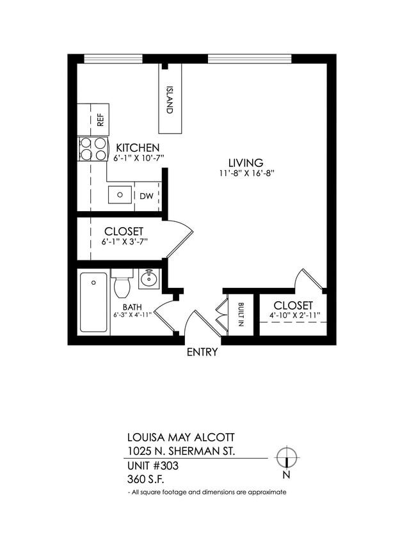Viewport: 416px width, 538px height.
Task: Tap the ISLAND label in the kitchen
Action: tap(170, 100)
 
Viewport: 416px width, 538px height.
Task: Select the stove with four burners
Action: tap(93, 149)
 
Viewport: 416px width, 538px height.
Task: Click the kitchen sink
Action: tap(120, 194)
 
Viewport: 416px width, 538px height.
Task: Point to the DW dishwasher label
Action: tap(147, 196)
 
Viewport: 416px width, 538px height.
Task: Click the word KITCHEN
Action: tap(138, 148)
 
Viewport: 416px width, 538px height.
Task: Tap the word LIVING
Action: tap(245, 162)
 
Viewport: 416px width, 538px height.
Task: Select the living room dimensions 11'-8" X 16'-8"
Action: tap(245, 173)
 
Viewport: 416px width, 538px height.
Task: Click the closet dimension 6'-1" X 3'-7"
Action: tap(124, 242)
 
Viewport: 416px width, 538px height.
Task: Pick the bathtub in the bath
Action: tap(93, 303)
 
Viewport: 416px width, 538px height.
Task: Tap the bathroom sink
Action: tap(148, 278)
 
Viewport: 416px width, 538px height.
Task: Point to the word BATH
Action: tap(132, 307)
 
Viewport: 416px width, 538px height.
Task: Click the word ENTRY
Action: tap(202, 352)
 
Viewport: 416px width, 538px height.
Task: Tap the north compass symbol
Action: tap(287, 458)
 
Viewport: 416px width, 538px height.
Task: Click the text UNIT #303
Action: tap(153, 466)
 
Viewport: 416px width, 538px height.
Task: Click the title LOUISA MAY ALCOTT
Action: tap(176, 438)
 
